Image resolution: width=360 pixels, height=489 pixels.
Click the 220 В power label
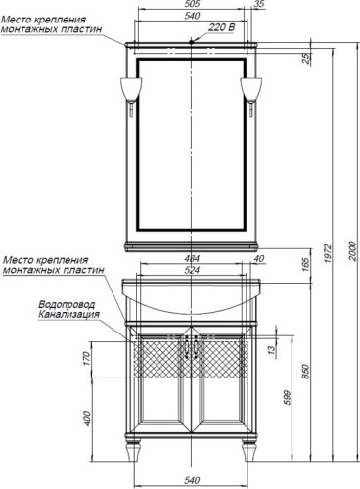221,27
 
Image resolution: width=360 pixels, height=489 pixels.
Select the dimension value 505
192,4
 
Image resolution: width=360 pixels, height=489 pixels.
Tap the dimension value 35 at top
259,4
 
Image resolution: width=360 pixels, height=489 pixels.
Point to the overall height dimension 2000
352,251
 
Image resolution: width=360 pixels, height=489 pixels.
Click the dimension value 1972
328,253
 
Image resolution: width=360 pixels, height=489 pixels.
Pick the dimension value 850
305,372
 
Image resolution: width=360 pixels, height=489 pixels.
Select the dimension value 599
287,397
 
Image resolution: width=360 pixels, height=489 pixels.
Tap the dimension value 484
192,259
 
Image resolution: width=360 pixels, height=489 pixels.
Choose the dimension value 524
192,270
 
